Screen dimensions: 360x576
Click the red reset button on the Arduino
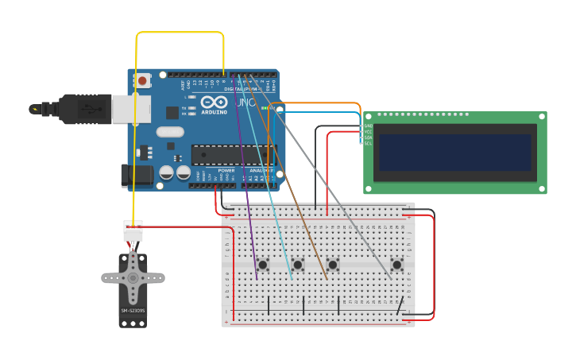click(143, 80)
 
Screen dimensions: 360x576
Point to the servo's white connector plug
click(133, 230)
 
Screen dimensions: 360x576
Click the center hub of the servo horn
click(133, 278)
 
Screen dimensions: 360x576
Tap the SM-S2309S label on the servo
click(132, 310)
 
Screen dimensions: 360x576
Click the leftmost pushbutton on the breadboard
click(262, 264)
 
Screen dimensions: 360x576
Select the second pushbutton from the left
click(298, 264)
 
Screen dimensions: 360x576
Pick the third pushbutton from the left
click(333, 264)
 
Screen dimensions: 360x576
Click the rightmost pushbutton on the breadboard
click(396, 264)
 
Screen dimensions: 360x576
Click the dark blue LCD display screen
click(454, 152)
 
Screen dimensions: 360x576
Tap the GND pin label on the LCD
click(368, 126)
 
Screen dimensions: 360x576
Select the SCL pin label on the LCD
click(368, 143)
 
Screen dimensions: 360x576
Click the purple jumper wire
click(246, 183)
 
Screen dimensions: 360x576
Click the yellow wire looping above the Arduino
click(179, 33)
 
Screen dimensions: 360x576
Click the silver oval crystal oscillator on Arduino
click(170, 132)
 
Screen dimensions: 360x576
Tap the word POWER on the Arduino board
click(226, 170)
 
